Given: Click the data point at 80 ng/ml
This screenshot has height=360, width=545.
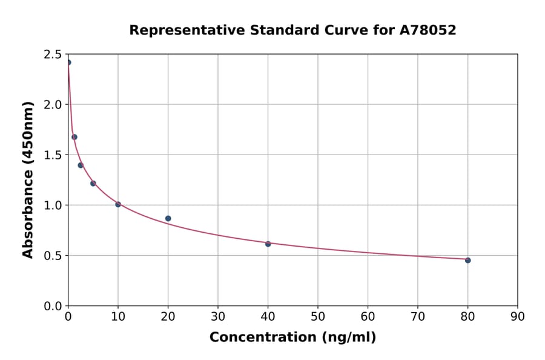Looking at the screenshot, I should pyautogui.click(x=467, y=260).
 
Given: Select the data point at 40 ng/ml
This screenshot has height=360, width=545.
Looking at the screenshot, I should pyautogui.click(x=268, y=244).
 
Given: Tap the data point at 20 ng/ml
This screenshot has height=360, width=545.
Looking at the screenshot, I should pyautogui.click(x=168, y=218).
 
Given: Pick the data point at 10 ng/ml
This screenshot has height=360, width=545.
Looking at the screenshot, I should pyautogui.click(x=118, y=204).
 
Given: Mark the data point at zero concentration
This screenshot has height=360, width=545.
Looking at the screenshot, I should pyautogui.click(x=68, y=62).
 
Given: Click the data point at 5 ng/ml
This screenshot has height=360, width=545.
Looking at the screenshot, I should pyautogui.click(x=93, y=183).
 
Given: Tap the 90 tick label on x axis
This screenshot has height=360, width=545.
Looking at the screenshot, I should pyautogui.click(x=517, y=316).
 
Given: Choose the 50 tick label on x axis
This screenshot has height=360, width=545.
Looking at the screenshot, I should pyautogui.click(x=318, y=316).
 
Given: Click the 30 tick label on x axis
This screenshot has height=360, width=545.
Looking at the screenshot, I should pyautogui.click(x=218, y=316).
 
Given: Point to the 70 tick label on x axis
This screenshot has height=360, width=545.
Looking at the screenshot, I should pyautogui.click(x=418, y=316).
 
